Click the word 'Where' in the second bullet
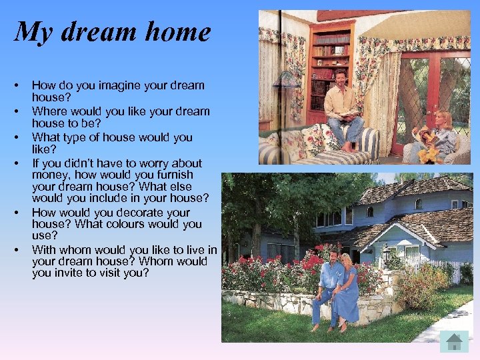[49, 112]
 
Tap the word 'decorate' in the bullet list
[129, 213]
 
